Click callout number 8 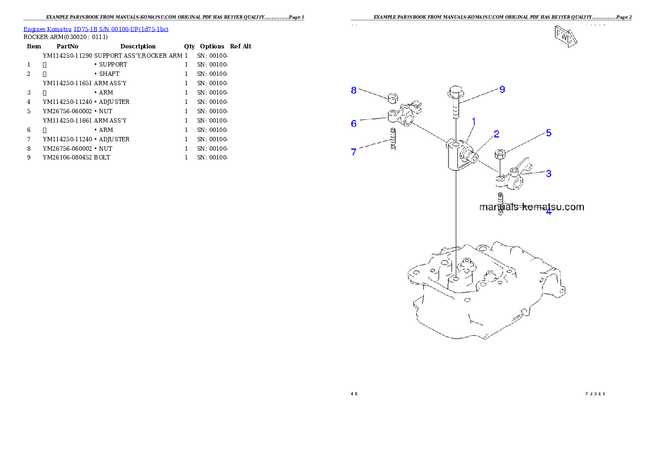pos(354,90)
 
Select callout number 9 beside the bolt pos(502,90)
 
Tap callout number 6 pos(354,124)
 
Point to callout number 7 pos(354,152)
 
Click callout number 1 pos(473,121)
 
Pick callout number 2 pos(496,134)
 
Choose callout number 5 pos(548,133)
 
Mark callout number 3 pos(548,173)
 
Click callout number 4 pos(548,211)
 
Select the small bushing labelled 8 pos(393,99)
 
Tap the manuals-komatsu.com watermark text pos(531,207)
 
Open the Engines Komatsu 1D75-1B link pos(96,29)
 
